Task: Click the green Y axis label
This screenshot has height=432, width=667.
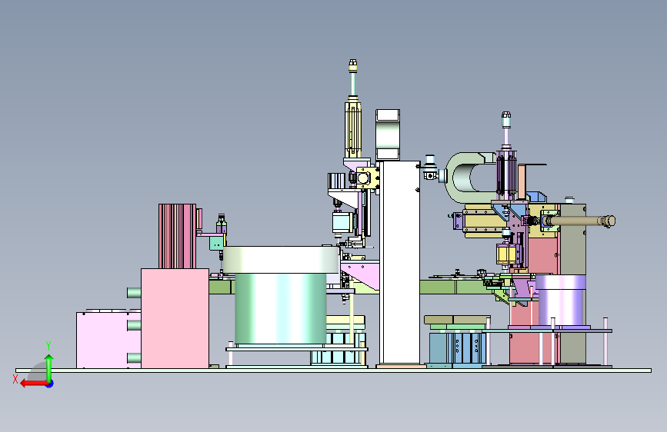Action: (x=48, y=346)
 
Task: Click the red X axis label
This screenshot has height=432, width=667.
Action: (x=15, y=379)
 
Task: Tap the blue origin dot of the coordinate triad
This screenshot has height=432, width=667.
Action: (x=50, y=384)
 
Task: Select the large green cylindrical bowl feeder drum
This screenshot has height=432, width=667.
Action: (x=280, y=308)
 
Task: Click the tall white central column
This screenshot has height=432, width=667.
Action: (x=399, y=262)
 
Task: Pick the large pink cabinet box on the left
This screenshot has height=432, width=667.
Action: (x=175, y=318)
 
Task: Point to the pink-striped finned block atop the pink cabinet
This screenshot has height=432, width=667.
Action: (x=178, y=236)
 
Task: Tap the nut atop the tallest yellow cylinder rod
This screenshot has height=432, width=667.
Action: (x=352, y=65)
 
